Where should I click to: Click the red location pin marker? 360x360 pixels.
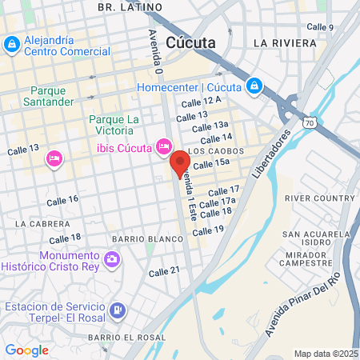179,162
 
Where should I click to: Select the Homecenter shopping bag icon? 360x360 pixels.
254,85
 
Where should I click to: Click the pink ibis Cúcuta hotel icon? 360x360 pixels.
163,146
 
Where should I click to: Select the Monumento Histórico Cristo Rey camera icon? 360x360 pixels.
112,259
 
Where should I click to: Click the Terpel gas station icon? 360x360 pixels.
117,309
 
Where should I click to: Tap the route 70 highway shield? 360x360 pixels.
309,122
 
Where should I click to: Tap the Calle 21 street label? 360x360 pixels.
164,271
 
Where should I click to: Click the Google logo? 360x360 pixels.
26,350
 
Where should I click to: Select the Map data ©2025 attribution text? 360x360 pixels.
326,354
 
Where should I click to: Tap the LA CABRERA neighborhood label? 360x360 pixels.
38,223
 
